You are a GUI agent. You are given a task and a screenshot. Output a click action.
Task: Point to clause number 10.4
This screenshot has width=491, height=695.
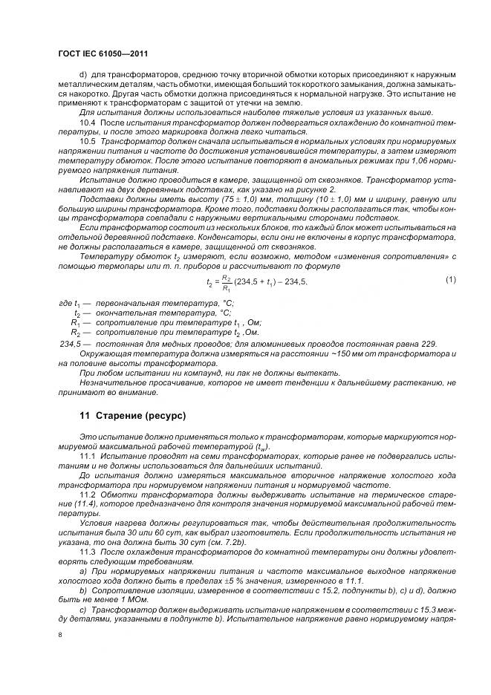point(87,121)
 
